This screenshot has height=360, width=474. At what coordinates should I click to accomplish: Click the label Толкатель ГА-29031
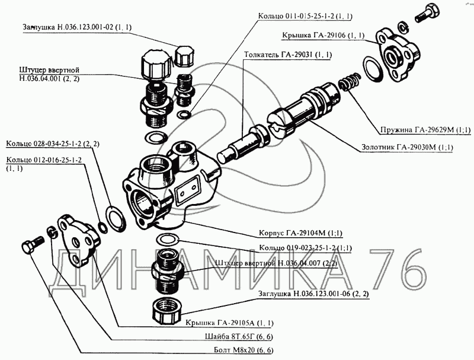click(287, 55)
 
